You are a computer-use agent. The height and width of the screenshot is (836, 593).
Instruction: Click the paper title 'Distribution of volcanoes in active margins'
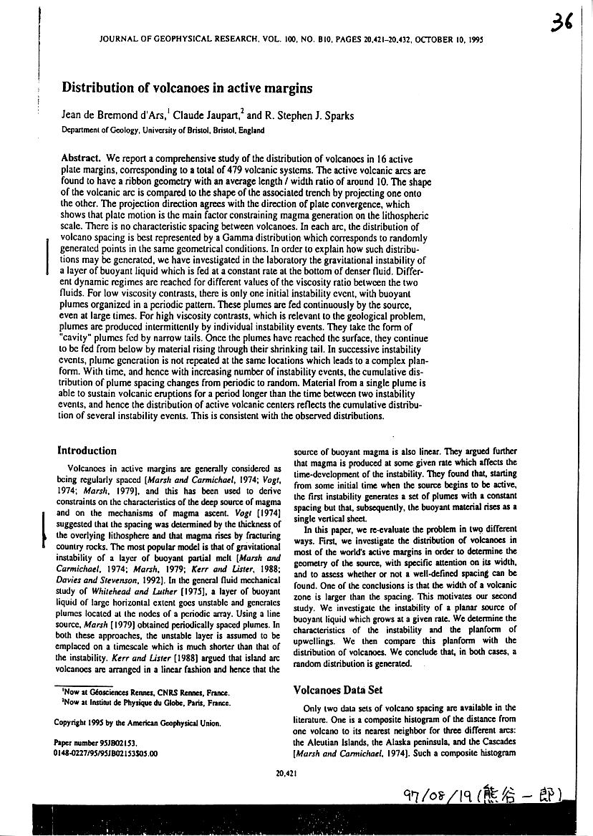188,89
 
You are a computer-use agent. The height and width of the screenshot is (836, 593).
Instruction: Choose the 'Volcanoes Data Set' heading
339,690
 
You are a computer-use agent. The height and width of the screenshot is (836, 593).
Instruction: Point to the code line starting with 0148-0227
106,754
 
